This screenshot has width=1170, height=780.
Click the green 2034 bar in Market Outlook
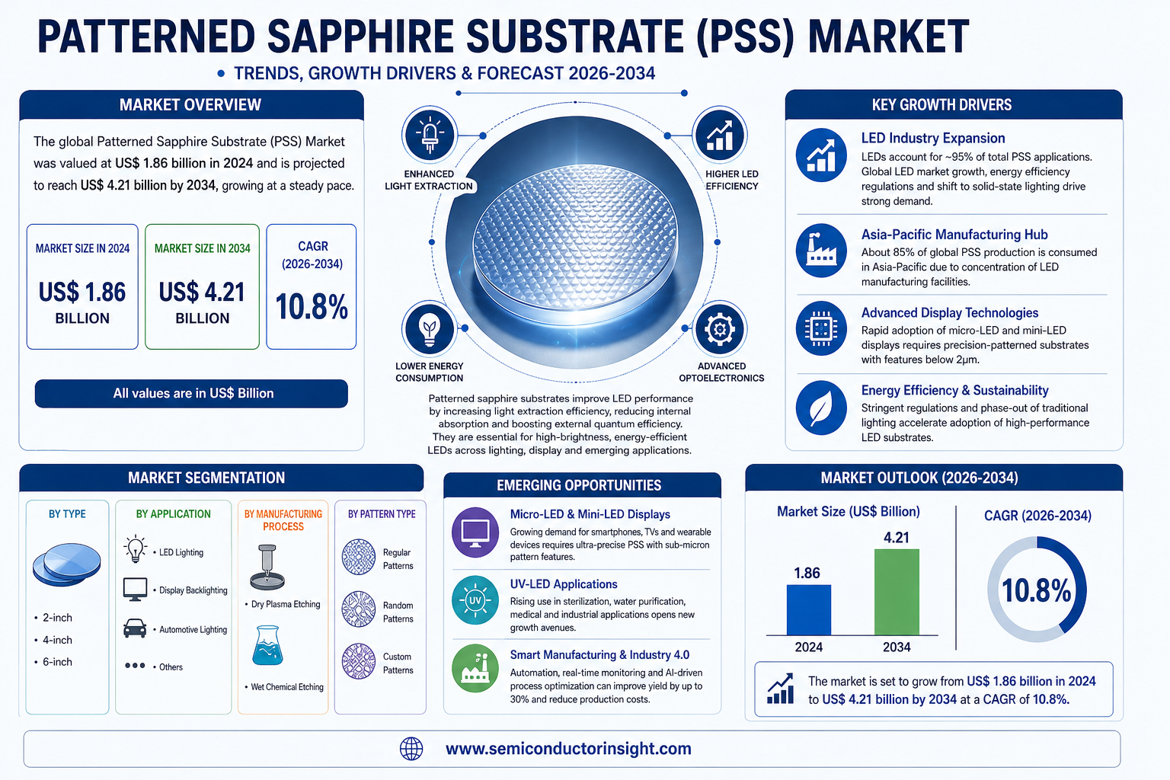(897, 592)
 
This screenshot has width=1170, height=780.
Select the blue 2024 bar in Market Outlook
(808, 609)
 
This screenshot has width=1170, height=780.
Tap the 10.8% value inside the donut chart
(1036, 590)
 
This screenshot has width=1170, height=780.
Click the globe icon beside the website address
(411, 749)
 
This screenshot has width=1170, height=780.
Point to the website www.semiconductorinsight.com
(568, 749)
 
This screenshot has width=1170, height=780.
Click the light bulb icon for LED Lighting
(136, 549)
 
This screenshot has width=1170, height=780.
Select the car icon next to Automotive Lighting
(135, 628)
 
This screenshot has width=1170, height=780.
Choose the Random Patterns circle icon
(359, 609)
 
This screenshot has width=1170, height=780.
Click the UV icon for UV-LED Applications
(475, 600)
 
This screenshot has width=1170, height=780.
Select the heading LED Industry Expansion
(933, 138)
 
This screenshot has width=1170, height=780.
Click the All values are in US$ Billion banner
(192, 393)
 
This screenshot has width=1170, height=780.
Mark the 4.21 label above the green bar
(897, 538)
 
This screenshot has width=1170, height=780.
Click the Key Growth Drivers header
(941, 105)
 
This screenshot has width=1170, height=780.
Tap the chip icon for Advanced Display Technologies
(821, 328)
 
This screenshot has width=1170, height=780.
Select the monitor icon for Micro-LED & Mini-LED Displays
(475, 532)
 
